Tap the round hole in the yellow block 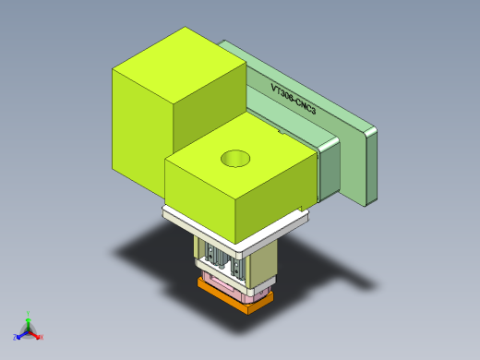tap(236, 159)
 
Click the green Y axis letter tap(30, 314)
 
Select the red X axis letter tap(42, 337)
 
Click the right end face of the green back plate tap(372, 166)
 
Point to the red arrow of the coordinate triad tap(35, 333)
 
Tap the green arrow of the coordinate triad tap(29, 322)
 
